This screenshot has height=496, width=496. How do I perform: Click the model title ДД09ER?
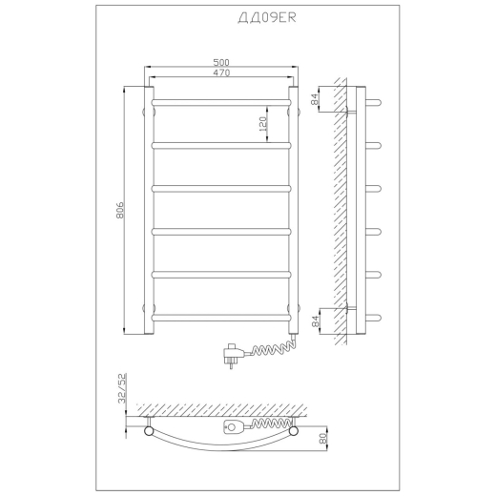(267, 18)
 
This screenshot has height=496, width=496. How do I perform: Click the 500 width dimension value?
(221, 62)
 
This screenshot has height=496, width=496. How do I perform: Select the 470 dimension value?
(221, 72)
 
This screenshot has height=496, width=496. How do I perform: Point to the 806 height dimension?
(120, 210)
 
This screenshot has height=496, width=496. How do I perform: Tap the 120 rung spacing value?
(262, 124)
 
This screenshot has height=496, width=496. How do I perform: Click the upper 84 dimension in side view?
(315, 99)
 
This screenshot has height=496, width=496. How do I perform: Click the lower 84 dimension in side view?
(315, 321)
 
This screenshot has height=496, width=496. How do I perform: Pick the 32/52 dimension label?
(122, 388)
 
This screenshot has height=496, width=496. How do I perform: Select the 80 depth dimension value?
(323, 439)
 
